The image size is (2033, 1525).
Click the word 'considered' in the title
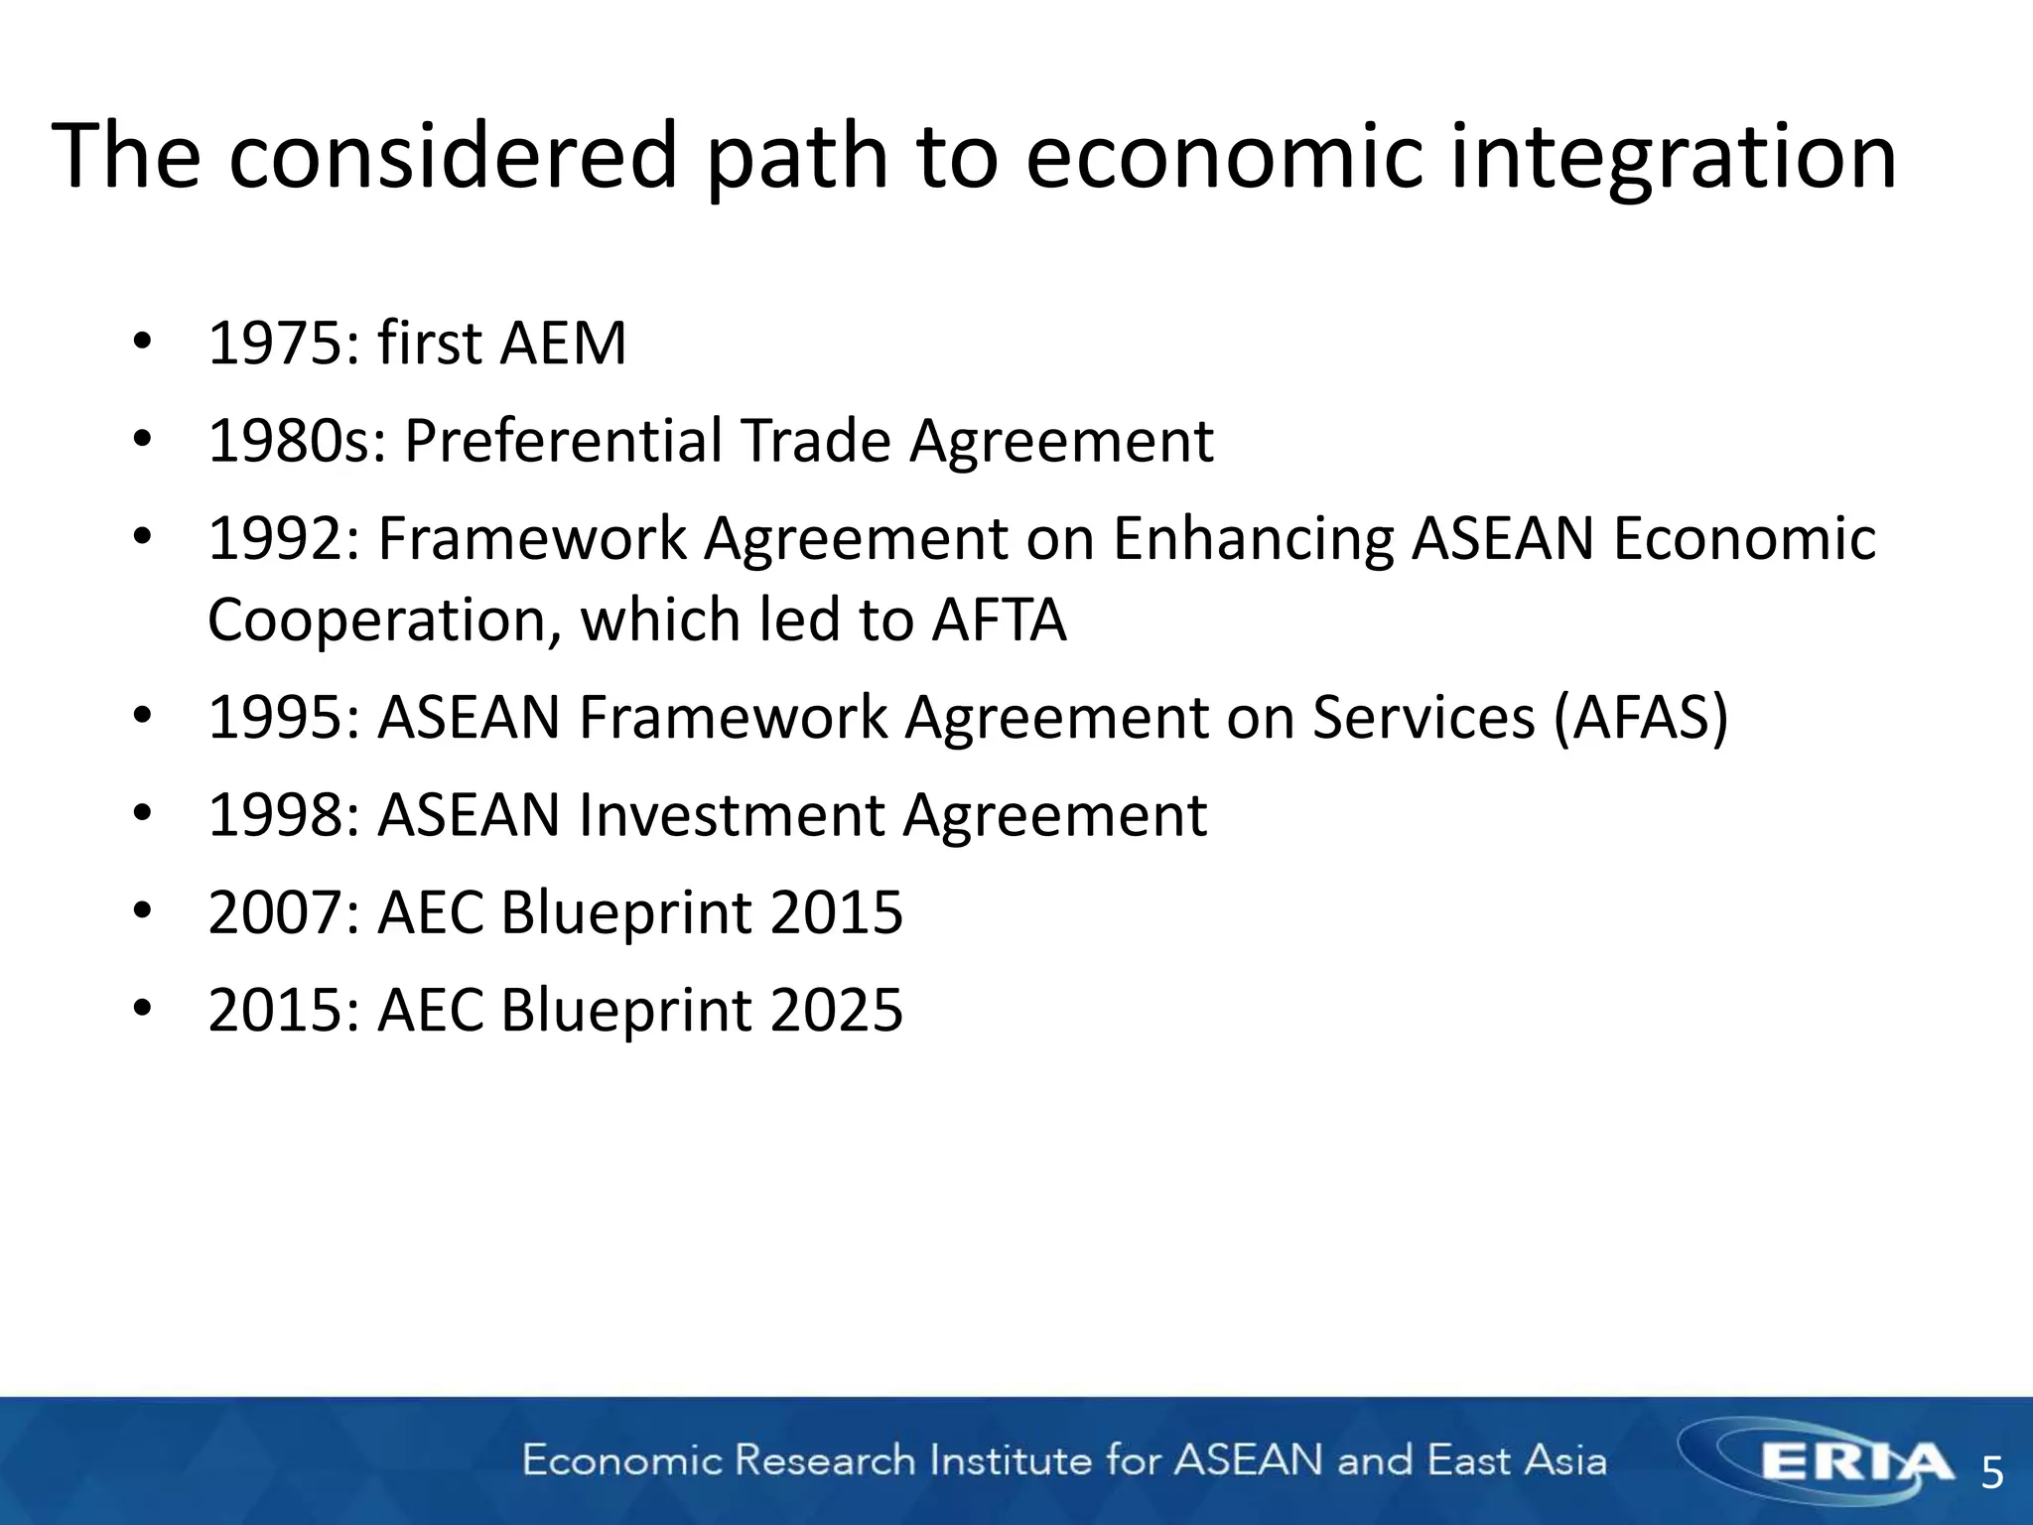(x=453, y=156)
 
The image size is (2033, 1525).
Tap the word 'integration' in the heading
(x=1673, y=156)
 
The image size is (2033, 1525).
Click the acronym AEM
(x=563, y=344)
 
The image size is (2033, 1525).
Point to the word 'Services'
(x=1424, y=717)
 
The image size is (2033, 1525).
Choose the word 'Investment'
(x=733, y=815)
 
